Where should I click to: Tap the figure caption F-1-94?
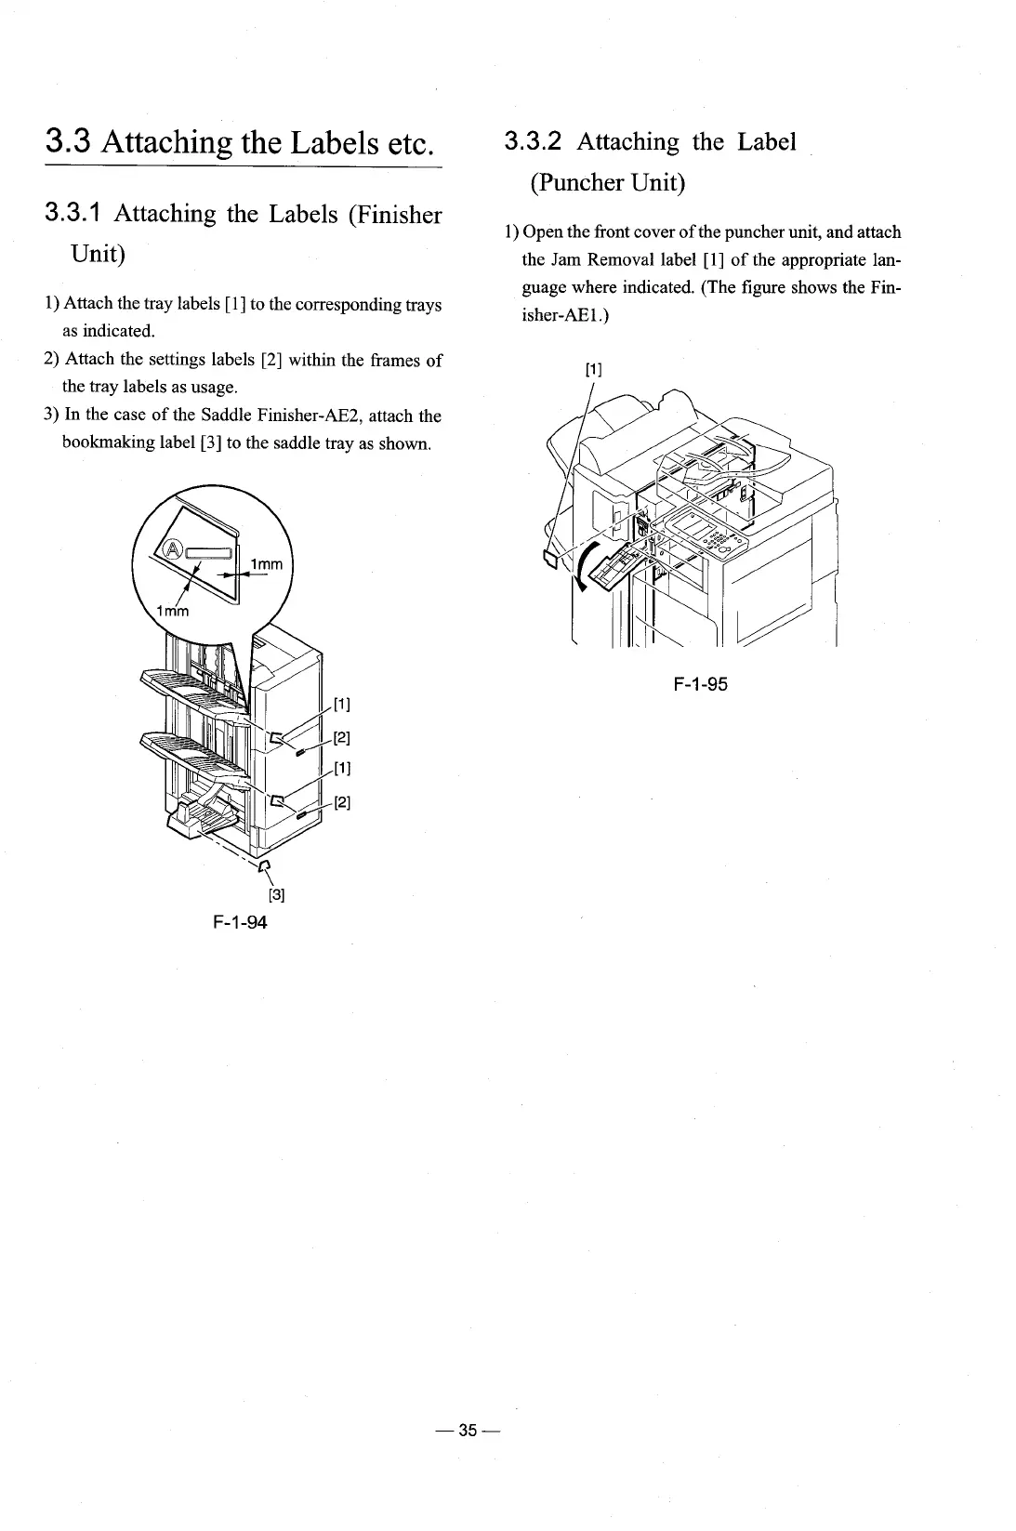point(240,922)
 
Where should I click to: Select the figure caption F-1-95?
point(701,685)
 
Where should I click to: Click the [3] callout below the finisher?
point(276,895)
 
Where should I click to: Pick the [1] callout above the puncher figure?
point(593,370)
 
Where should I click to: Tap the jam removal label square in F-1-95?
point(550,557)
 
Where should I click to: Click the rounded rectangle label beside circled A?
point(210,553)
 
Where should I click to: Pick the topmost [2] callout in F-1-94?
point(340,738)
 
